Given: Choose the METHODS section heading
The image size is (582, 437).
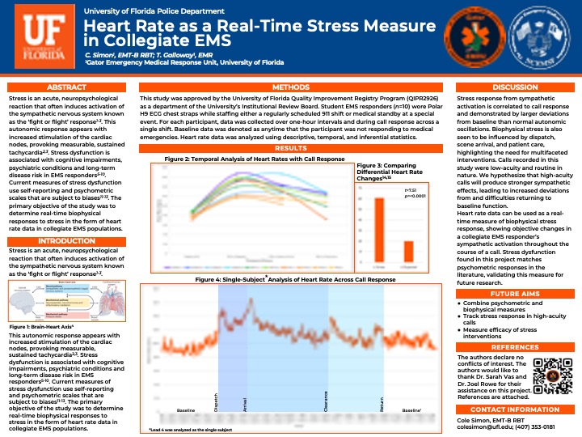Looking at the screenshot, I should (290, 87).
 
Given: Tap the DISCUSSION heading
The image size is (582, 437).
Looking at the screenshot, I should (515, 87).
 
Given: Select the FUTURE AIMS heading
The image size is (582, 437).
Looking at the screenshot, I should (515, 294).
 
